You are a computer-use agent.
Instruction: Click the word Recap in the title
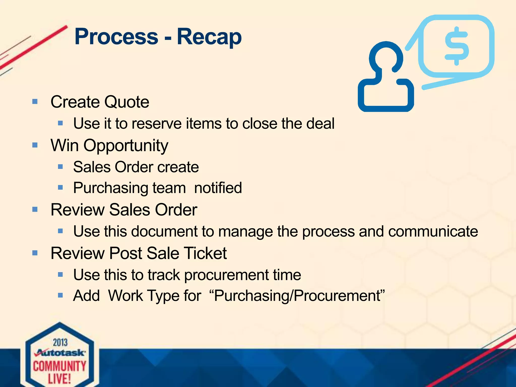209,37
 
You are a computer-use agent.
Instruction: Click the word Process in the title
116,37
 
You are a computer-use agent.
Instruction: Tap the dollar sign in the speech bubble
457,46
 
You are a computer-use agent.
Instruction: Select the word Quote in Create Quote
126,102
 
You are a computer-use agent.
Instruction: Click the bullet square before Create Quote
35,102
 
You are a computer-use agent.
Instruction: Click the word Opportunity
126,146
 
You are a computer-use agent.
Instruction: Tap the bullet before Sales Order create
60,167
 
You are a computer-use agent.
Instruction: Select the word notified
218,188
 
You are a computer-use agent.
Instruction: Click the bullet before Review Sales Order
35,209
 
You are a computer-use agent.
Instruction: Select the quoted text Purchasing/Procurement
297,296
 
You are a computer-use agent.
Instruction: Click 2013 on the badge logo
60,343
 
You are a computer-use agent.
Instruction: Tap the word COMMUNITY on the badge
60,366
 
